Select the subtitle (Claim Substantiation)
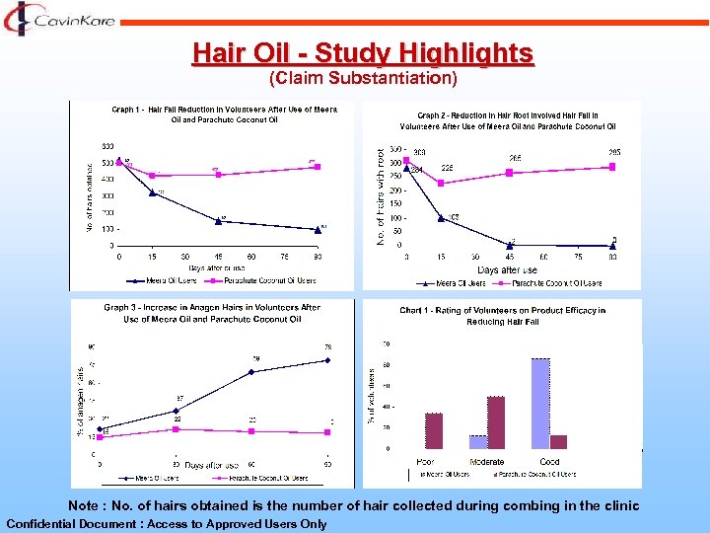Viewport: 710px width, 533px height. point(363,77)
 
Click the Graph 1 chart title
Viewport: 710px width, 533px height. point(225,114)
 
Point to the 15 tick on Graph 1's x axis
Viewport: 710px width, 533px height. point(153,256)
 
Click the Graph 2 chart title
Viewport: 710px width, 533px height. point(508,120)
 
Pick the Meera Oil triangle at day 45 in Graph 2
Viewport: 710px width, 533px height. point(510,244)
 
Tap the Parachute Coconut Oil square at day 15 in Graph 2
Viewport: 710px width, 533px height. point(441,183)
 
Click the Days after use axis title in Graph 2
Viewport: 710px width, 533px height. point(508,269)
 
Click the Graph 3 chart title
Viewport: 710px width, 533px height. point(212,313)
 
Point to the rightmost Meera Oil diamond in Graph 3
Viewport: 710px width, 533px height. point(327,360)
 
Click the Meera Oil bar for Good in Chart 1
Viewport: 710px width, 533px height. point(540,403)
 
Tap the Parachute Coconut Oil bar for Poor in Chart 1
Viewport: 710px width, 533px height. point(434,430)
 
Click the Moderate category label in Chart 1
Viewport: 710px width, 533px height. point(486,462)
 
